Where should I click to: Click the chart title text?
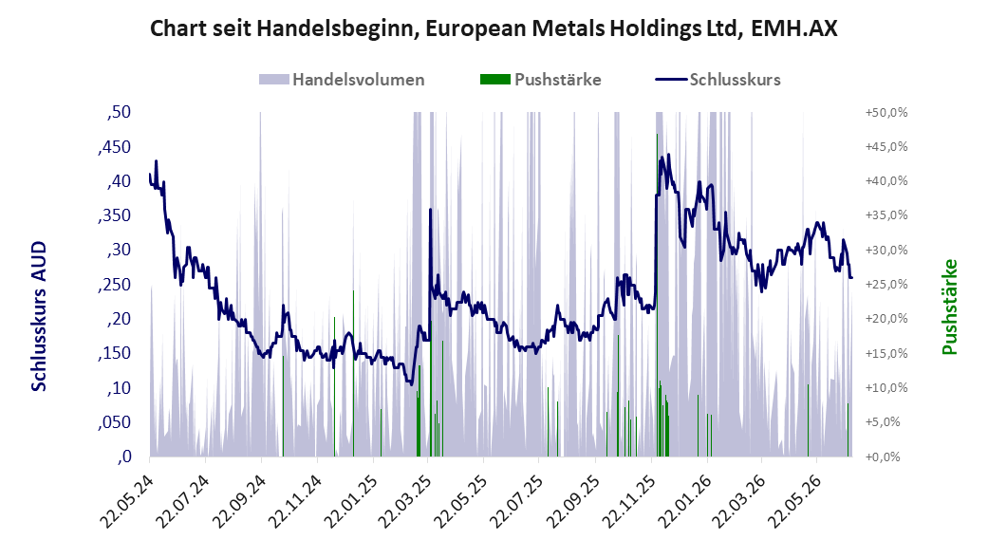[494, 28]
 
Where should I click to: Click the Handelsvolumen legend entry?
[342, 80]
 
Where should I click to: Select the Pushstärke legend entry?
[541, 80]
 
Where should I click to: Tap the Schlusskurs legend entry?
[718, 80]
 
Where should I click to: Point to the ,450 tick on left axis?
[115, 147]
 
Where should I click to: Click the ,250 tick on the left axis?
[115, 284]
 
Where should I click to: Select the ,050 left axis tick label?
[115, 422]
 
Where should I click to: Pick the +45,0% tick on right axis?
[886, 147]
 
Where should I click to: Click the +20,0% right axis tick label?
[886, 319]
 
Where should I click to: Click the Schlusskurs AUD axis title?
[39, 316]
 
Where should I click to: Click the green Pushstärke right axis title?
[950, 307]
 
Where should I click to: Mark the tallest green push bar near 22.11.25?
[657, 295]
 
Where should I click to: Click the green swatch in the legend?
[495, 80]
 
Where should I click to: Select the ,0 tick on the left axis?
[124, 457]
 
